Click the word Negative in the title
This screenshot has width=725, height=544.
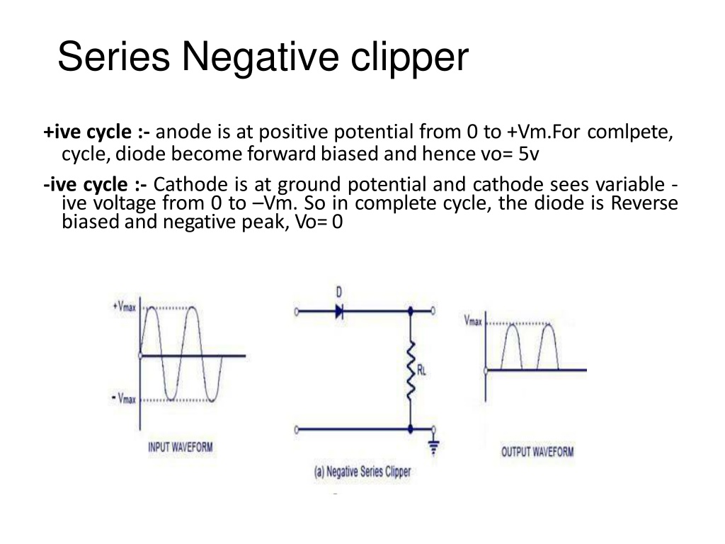(261, 57)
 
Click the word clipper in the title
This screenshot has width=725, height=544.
(410, 57)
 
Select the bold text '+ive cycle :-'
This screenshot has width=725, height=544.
(96, 132)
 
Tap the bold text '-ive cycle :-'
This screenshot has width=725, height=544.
(96, 185)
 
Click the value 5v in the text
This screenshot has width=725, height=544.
(528, 154)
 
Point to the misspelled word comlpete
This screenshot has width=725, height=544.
(630, 132)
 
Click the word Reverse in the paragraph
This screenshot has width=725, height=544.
(644, 203)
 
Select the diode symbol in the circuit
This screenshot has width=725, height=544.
(340, 312)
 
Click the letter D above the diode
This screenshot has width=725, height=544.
(339, 293)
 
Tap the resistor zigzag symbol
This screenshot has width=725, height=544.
(411, 370)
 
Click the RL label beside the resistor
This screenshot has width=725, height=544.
(421, 370)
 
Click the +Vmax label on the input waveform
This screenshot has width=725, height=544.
(125, 306)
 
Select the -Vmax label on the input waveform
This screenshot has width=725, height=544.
(124, 398)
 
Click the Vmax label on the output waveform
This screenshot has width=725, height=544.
(473, 321)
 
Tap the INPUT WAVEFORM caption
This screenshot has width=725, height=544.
(181, 448)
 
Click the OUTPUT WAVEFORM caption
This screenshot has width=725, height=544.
(537, 451)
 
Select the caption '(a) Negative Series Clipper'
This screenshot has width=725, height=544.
(362, 472)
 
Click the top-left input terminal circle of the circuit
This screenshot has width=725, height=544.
(297, 312)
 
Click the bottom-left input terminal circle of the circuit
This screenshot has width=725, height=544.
(297, 430)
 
